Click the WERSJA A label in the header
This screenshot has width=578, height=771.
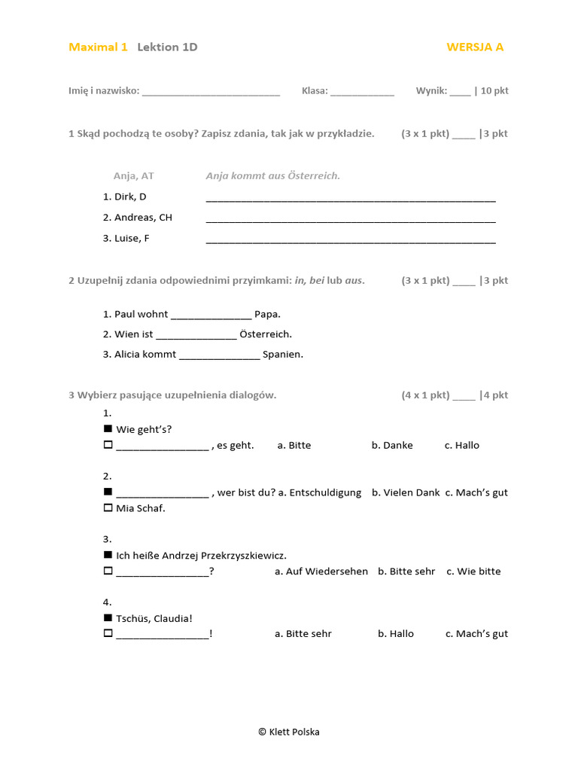pos(475,47)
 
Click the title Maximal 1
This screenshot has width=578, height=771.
pos(98,47)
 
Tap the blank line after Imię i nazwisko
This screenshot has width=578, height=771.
pos(211,92)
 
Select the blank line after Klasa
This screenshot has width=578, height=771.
pos(362,92)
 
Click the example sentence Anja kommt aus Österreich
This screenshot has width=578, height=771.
pos(273,175)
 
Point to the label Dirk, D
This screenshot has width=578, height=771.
pos(125,197)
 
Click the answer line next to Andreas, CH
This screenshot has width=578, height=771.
pos(351,219)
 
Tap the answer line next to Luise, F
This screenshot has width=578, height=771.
pos(351,240)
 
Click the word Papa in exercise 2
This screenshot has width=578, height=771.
pos(267,314)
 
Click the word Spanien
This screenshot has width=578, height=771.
pos(283,354)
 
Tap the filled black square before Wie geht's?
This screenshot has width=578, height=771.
pos(108,429)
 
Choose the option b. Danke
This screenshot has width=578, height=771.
pos(392,445)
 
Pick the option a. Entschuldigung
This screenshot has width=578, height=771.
pos(320,492)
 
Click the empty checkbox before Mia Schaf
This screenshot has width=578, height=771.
pos(108,508)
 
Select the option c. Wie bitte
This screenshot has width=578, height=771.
pos(473,571)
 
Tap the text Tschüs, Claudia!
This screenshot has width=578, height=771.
pos(154,618)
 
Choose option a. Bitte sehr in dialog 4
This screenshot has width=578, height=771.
pos(303,634)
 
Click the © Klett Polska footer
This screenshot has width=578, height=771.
pos(289,732)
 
